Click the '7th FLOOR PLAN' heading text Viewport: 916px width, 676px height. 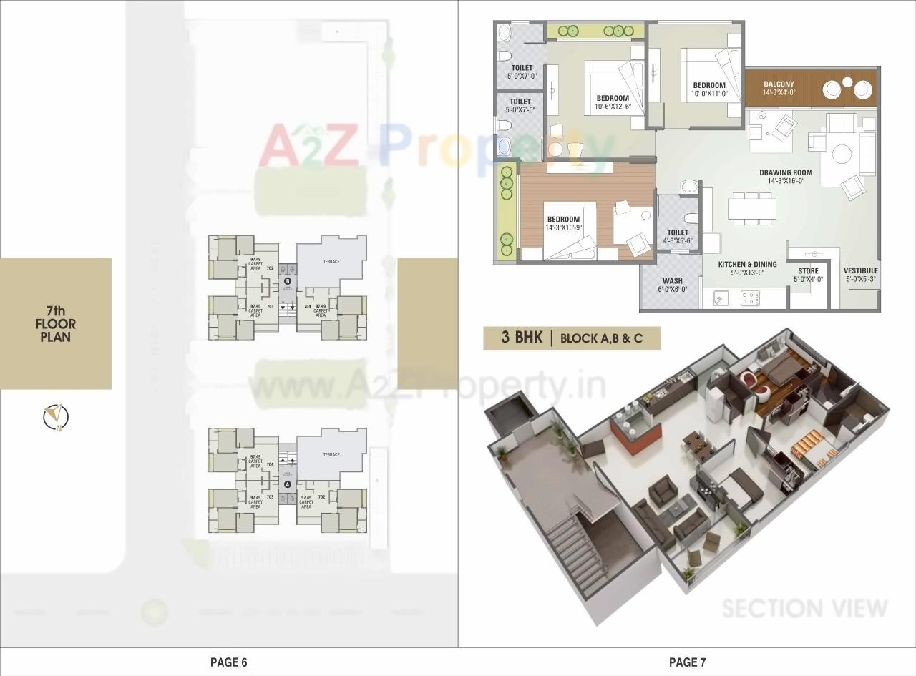click(x=56, y=323)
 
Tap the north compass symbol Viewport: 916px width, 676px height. click(x=55, y=417)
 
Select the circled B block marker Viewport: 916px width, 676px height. click(x=288, y=282)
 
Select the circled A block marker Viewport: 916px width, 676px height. click(x=288, y=484)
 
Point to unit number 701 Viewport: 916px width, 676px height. click(x=271, y=306)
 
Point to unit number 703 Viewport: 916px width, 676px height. click(x=271, y=496)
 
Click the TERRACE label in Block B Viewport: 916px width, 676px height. click(x=331, y=262)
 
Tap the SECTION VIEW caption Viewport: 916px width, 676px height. click(x=804, y=608)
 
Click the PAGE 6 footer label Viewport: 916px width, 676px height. click(x=228, y=662)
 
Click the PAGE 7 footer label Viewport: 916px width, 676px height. click(x=687, y=662)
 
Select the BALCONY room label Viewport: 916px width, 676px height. click(x=779, y=84)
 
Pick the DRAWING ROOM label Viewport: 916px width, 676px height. click(x=786, y=172)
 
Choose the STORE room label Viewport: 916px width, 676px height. click(x=808, y=271)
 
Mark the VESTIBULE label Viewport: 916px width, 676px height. click(x=861, y=270)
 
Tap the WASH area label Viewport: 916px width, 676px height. click(x=672, y=281)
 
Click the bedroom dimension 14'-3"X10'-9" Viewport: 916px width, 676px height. click(x=564, y=228)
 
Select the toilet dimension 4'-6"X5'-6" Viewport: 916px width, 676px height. click(x=678, y=241)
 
